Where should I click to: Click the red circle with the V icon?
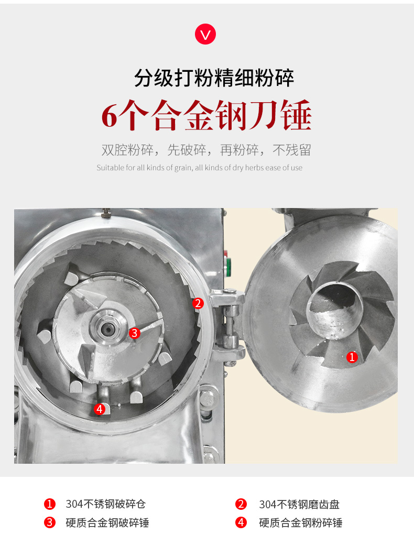point(205,34)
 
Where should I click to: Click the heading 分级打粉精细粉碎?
point(214,78)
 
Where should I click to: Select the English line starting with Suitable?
point(200,168)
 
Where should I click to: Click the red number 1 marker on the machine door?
point(352,357)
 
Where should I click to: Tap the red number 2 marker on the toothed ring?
point(198,303)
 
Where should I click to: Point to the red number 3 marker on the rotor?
point(134,333)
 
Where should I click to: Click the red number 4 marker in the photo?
point(100,409)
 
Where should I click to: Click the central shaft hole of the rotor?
point(107,328)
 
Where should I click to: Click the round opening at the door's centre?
point(335,310)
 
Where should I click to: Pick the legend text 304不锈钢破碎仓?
point(105,504)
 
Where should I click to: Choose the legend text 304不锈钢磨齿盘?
point(299,504)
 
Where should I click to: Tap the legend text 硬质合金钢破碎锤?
point(107,522)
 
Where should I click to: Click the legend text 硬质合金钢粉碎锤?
point(300,522)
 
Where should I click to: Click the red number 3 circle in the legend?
point(49,522)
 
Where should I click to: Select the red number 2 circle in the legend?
point(241,504)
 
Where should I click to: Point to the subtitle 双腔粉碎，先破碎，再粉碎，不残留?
point(206,150)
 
